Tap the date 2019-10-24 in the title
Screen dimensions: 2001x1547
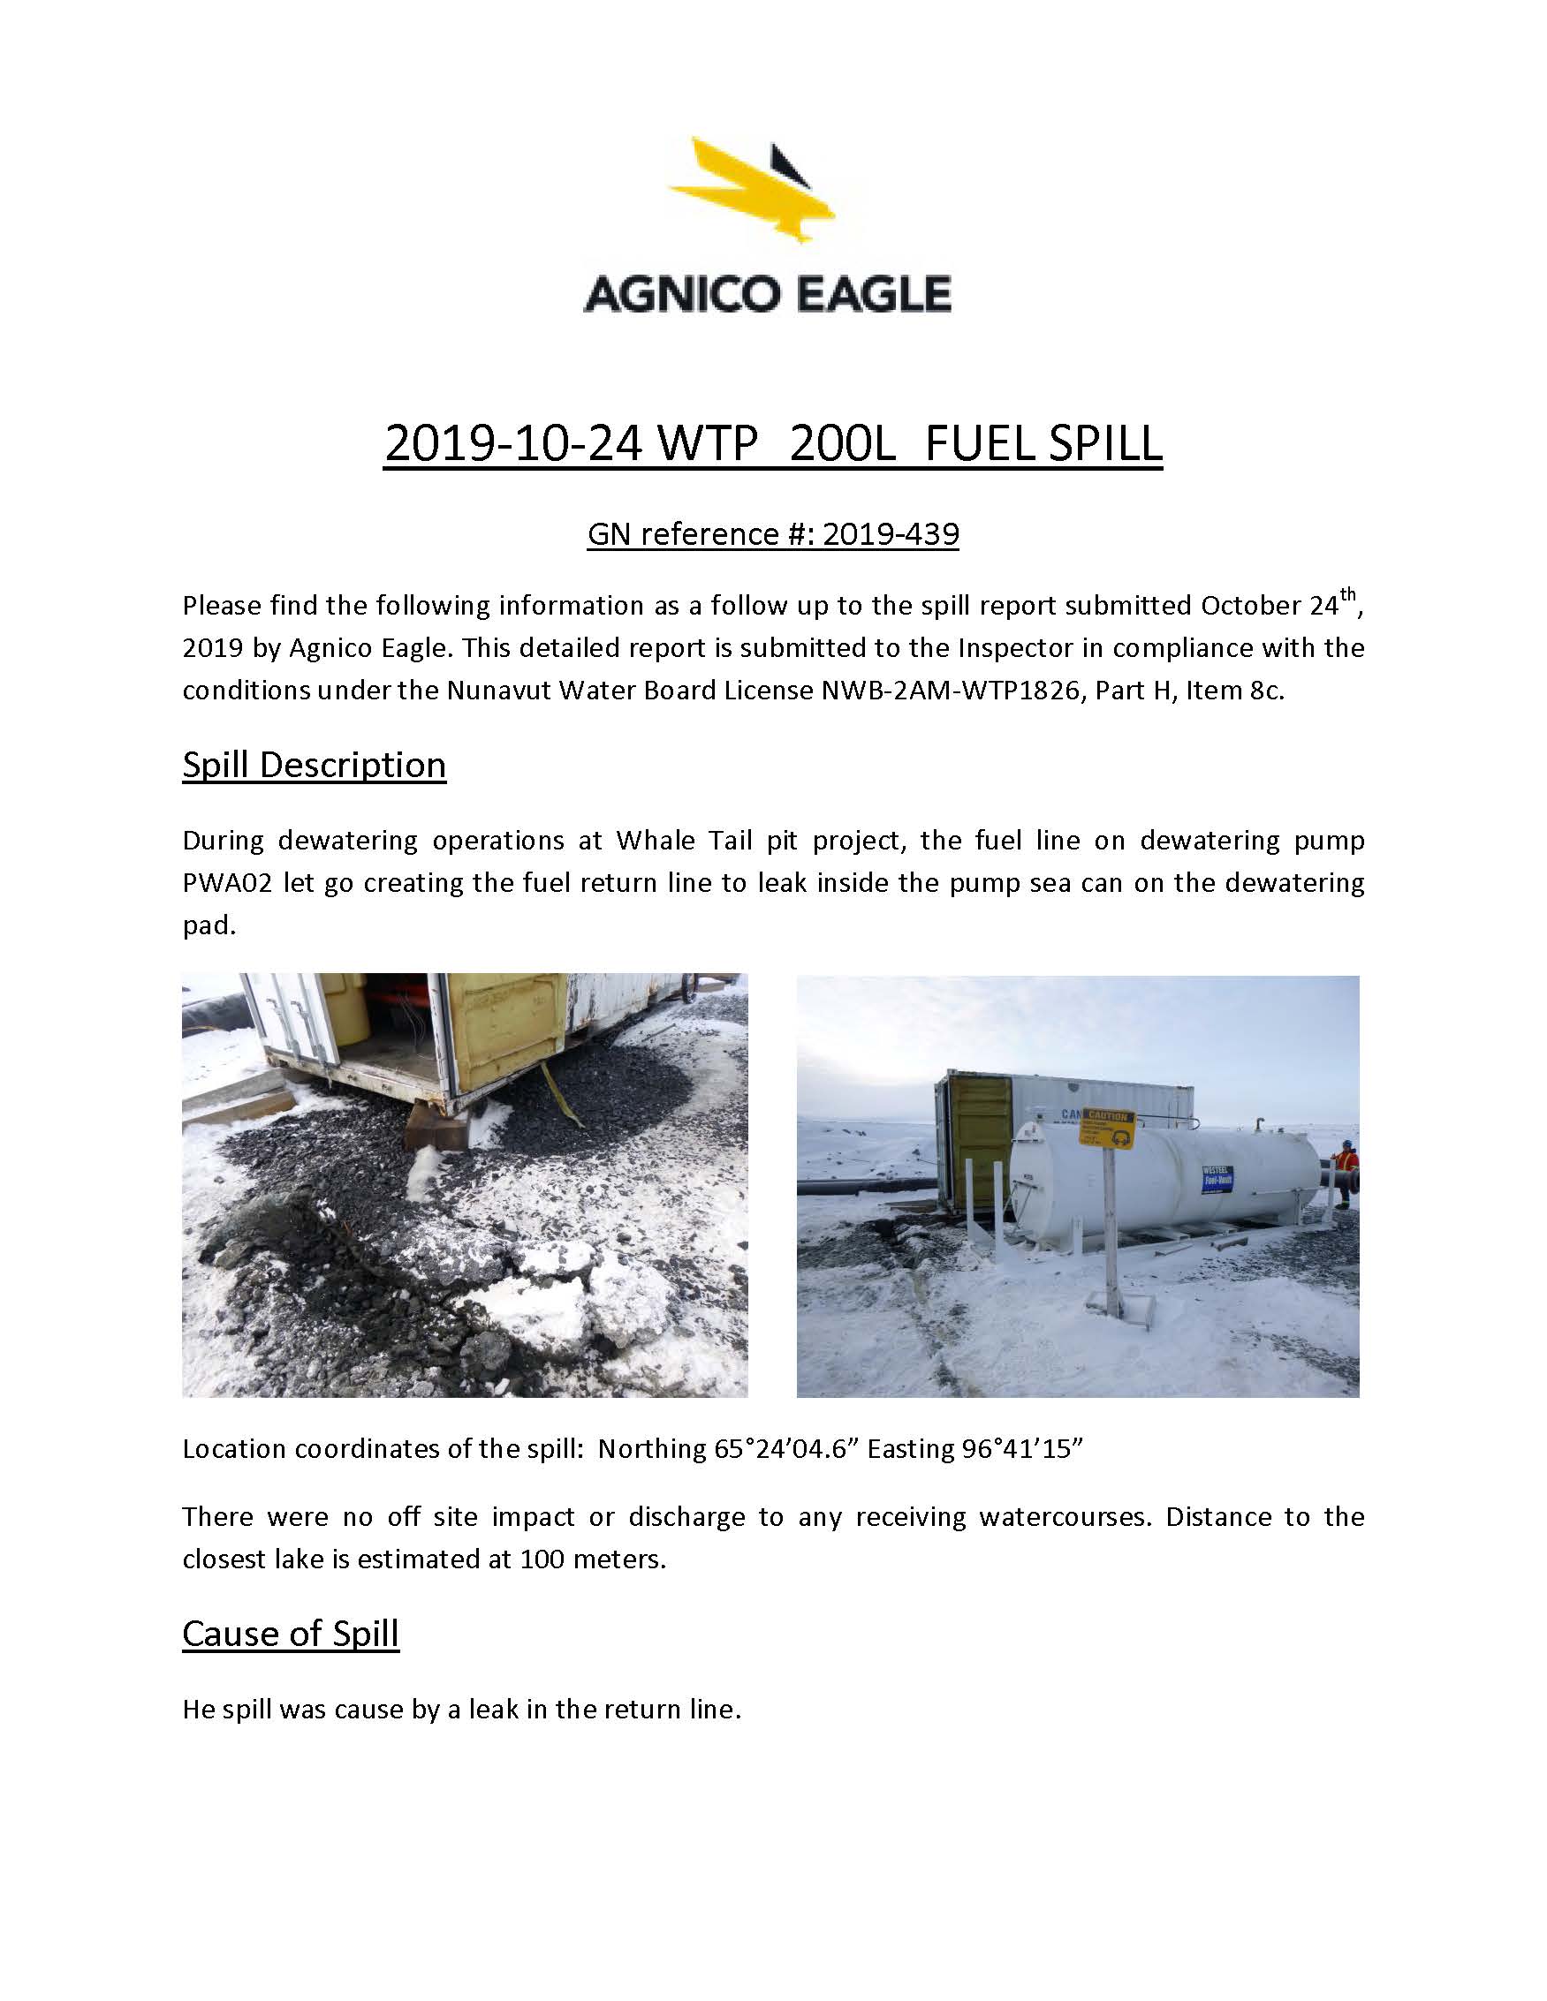click(509, 443)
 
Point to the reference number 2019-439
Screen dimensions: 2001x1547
click(890, 534)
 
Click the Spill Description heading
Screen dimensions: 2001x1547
click(314, 764)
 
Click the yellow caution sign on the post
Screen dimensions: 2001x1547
click(1107, 1129)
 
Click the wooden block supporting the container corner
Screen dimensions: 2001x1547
click(436, 1126)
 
